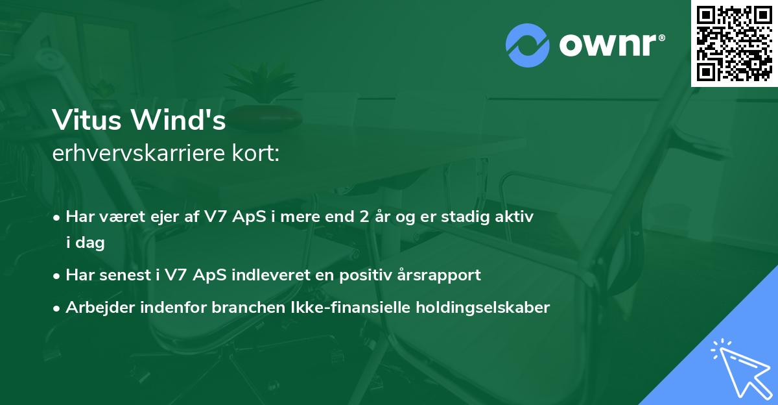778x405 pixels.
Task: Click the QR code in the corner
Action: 735,43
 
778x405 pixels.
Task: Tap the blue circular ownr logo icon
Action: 527,45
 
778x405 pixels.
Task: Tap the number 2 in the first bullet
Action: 355,217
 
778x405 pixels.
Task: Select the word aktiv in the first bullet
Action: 515,217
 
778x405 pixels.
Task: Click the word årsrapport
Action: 438,275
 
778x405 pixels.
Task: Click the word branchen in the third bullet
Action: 241,308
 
